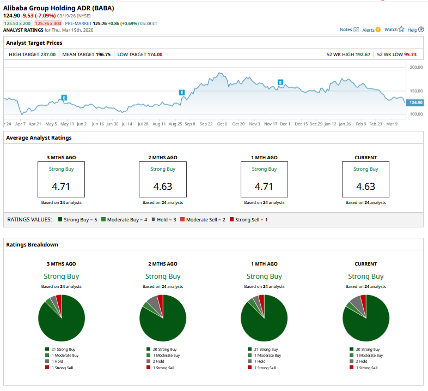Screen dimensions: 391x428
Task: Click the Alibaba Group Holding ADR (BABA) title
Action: coord(59,8)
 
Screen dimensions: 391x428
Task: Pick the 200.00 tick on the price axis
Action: coord(415,68)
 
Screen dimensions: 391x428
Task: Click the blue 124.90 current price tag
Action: coord(415,103)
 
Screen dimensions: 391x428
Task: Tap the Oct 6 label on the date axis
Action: coord(222,124)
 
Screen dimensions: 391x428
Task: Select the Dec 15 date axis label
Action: coord(301,124)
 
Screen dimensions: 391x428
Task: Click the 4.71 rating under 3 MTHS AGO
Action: coord(60,187)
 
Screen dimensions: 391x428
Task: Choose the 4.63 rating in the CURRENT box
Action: coord(365,187)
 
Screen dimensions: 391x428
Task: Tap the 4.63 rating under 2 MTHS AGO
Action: coord(162,187)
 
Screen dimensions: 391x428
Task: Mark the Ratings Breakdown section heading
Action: coord(32,244)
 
